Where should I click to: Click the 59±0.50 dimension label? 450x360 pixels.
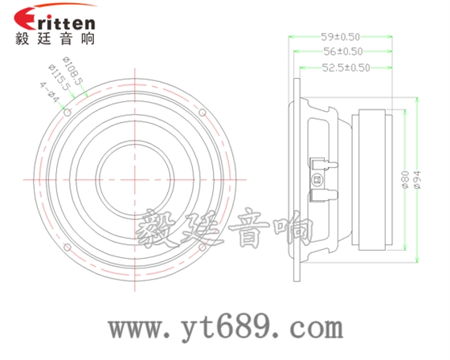click(x=340, y=37)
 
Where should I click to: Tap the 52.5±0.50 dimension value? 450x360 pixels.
click(x=346, y=68)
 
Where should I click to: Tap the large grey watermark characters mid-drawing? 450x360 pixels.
click(x=225, y=229)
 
